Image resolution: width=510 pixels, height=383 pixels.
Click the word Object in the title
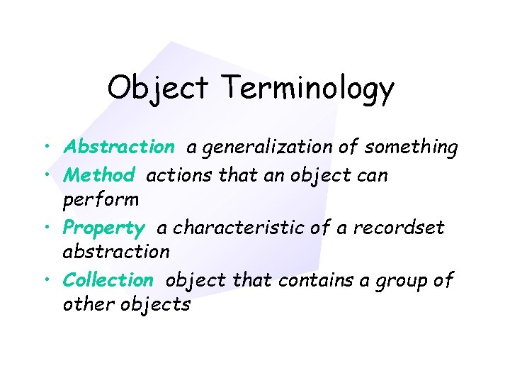coord(158,89)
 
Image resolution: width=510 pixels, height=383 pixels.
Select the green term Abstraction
coord(119,147)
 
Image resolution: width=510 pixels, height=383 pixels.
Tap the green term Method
coord(98,174)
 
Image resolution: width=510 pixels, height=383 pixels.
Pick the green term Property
coord(103,228)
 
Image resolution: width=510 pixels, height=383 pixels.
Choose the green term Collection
coord(108,280)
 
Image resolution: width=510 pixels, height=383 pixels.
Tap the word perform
coord(101,200)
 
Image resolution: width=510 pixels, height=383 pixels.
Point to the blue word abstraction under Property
coord(116,252)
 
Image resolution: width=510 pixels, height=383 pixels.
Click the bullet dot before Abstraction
coord(45,148)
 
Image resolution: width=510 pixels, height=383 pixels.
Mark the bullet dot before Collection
coord(45,281)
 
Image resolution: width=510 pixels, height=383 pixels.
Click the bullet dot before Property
coord(45,228)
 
